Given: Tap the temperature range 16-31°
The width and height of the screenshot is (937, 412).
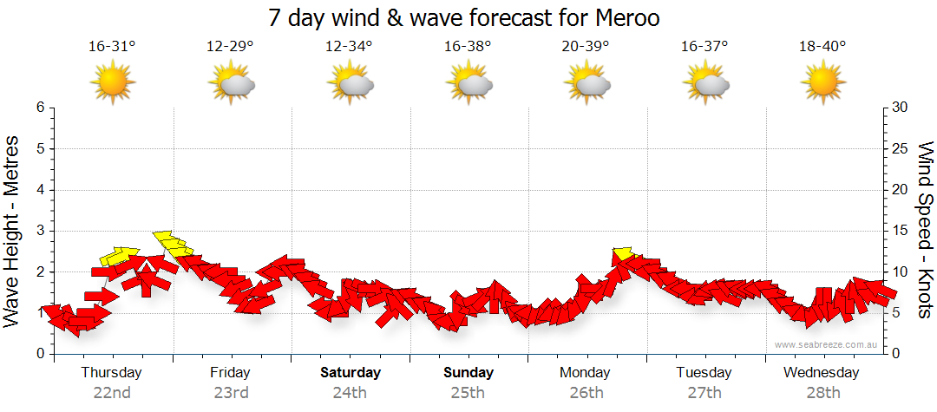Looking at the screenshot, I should [112, 47].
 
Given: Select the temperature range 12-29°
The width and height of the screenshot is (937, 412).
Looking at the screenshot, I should [231, 47].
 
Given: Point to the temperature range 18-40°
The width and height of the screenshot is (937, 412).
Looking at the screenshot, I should [822, 47].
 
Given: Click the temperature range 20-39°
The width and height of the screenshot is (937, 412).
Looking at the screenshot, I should [586, 47].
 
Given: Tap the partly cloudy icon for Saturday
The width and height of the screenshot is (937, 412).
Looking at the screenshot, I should [350, 83].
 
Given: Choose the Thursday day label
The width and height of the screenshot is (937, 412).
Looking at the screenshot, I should [111, 372].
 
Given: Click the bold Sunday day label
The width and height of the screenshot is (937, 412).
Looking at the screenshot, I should [468, 372].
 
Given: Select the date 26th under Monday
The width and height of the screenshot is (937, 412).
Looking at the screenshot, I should [586, 392].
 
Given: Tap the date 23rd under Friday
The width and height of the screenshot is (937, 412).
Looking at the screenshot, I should [231, 392].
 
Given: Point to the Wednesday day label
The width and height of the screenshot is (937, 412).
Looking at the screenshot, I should [821, 372].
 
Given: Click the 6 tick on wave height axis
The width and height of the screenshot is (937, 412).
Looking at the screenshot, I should [40, 108].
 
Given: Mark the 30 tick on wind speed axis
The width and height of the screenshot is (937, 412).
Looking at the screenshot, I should [901, 108].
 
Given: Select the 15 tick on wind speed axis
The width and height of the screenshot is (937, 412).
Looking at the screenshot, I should [901, 231].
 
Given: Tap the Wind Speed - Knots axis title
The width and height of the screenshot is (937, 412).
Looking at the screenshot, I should [925, 230].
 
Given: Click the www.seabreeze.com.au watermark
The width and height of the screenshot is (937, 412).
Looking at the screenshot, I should [827, 344].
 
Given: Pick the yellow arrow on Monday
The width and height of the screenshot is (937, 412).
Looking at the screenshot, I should [623, 253].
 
